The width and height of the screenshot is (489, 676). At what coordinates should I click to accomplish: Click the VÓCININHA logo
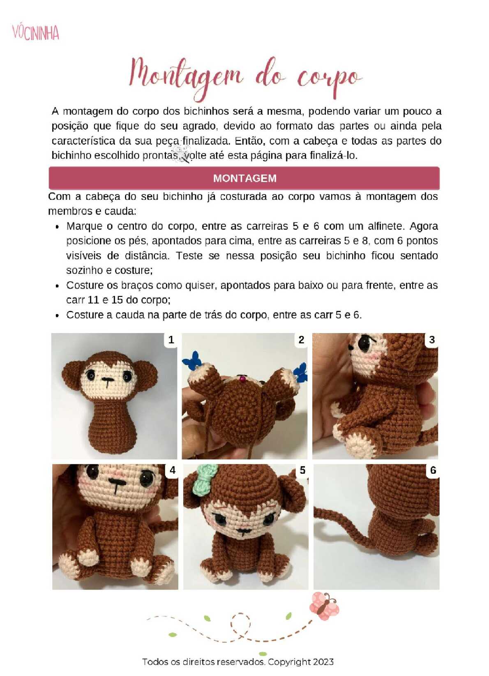coord(36,32)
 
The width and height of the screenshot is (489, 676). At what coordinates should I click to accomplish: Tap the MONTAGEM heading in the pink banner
coord(244,178)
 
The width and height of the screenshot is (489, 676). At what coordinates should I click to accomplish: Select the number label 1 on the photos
coord(171,340)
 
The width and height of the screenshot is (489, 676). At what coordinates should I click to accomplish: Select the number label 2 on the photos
coord(301,340)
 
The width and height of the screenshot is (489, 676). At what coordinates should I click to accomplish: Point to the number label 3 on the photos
coord(432,340)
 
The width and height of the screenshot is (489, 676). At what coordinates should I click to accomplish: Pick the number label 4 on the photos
coord(172,470)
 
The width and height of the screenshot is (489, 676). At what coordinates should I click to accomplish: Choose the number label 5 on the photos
coord(302,470)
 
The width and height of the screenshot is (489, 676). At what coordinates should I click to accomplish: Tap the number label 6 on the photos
coord(433,470)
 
